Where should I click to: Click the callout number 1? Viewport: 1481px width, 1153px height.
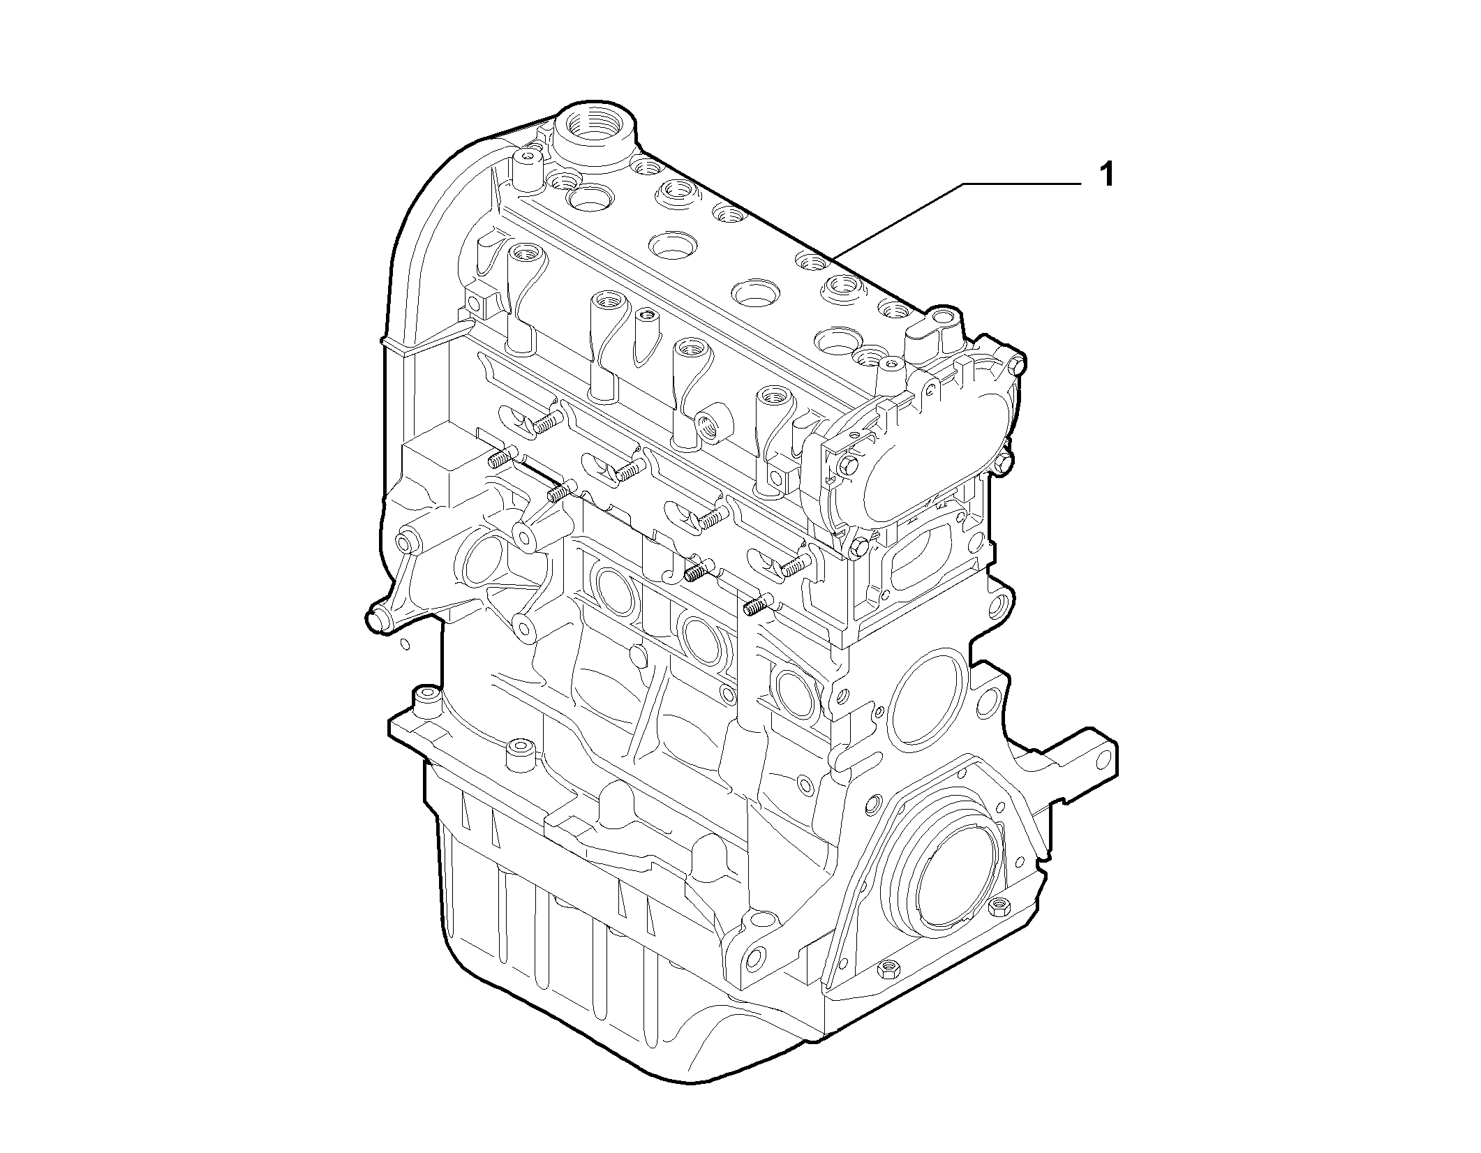(1106, 175)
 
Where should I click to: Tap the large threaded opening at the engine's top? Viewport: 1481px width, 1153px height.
(593, 133)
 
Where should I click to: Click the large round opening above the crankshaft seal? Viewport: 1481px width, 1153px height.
(929, 697)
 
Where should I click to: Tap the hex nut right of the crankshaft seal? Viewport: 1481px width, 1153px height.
(997, 907)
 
